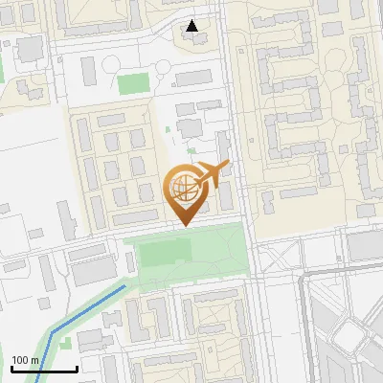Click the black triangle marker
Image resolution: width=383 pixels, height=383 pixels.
192,26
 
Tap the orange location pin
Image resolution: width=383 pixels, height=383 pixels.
187,191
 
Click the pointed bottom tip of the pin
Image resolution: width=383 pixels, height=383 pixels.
185,224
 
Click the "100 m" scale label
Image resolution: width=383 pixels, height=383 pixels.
25,360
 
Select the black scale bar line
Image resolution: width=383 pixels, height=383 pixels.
44,369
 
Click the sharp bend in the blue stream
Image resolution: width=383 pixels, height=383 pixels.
54,331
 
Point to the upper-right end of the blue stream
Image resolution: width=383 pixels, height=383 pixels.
125,285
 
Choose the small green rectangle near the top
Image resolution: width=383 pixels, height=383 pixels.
133,83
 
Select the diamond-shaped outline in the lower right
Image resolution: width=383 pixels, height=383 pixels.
349,336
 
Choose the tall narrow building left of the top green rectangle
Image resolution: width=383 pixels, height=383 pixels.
88,70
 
